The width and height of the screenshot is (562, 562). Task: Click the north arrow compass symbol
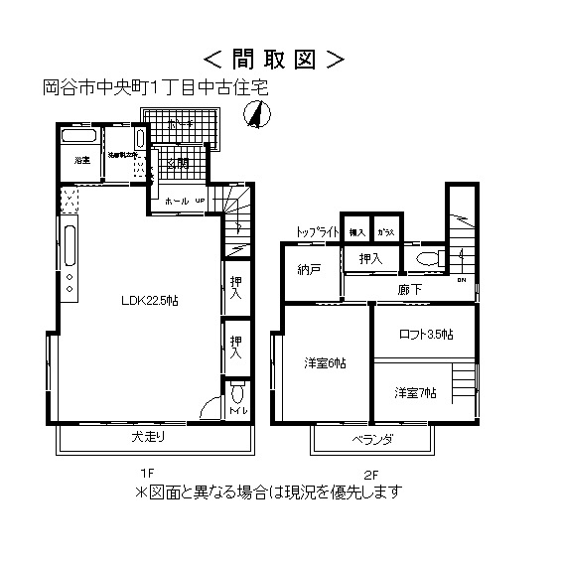pyautogui.click(x=257, y=117)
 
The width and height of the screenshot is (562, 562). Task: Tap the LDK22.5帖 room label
pyautogui.click(x=149, y=301)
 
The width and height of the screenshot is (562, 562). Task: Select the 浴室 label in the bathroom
pyautogui.click(x=81, y=159)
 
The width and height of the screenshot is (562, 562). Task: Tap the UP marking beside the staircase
pyautogui.click(x=199, y=201)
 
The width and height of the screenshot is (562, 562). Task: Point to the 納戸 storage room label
pyautogui.click(x=309, y=269)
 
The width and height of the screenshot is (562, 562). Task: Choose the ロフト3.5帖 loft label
pyautogui.click(x=425, y=334)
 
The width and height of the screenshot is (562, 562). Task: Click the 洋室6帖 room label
pyautogui.click(x=325, y=363)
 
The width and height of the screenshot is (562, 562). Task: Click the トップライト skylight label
pyautogui.click(x=318, y=231)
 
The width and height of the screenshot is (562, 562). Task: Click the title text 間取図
pyautogui.click(x=276, y=60)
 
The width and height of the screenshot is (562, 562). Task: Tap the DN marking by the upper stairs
pyautogui.click(x=461, y=279)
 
